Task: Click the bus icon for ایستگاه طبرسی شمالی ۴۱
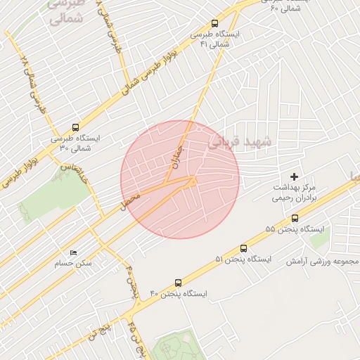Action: (x=214, y=23)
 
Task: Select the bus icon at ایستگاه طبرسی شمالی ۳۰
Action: (x=75, y=127)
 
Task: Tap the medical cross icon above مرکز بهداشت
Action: (x=294, y=176)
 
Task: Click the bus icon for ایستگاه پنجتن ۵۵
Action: (x=294, y=219)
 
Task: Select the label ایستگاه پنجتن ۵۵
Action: (x=295, y=230)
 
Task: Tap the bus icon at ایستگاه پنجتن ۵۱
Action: (x=243, y=248)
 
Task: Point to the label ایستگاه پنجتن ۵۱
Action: (x=243, y=259)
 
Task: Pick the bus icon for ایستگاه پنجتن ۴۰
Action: (x=178, y=282)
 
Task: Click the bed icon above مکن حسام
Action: (x=73, y=252)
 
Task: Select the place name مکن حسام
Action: (x=73, y=264)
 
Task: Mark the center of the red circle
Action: (x=180, y=179)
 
